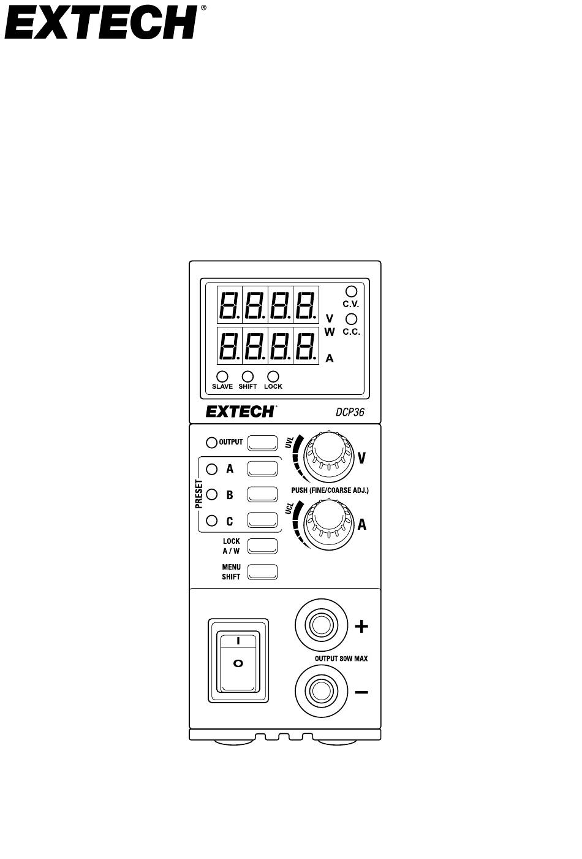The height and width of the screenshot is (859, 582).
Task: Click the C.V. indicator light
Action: click(x=351, y=291)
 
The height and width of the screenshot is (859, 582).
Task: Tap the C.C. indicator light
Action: click(x=351, y=319)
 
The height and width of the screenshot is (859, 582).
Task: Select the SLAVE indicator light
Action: click(x=222, y=376)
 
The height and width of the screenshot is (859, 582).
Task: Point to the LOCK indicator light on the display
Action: click(x=273, y=376)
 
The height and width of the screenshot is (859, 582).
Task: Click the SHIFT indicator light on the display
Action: click(x=248, y=376)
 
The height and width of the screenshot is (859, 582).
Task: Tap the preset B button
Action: click(x=262, y=494)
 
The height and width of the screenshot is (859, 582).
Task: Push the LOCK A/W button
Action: click(x=262, y=546)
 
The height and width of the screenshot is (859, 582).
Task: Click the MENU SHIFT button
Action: click(x=262, y=572)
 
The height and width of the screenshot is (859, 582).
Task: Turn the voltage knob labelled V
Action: click(x=329, y=456)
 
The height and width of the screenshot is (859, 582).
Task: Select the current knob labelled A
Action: click(x=329, y=524)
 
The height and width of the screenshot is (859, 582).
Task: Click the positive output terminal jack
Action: click(x=322, y=625)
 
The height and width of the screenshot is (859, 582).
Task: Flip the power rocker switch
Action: click(x=238, y=660)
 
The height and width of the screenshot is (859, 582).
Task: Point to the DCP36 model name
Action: click(x=350, y=412)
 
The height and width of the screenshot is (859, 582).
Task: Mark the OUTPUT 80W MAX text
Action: click(x=341, y=659)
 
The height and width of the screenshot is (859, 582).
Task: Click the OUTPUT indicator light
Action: click(x=211, y=443)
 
